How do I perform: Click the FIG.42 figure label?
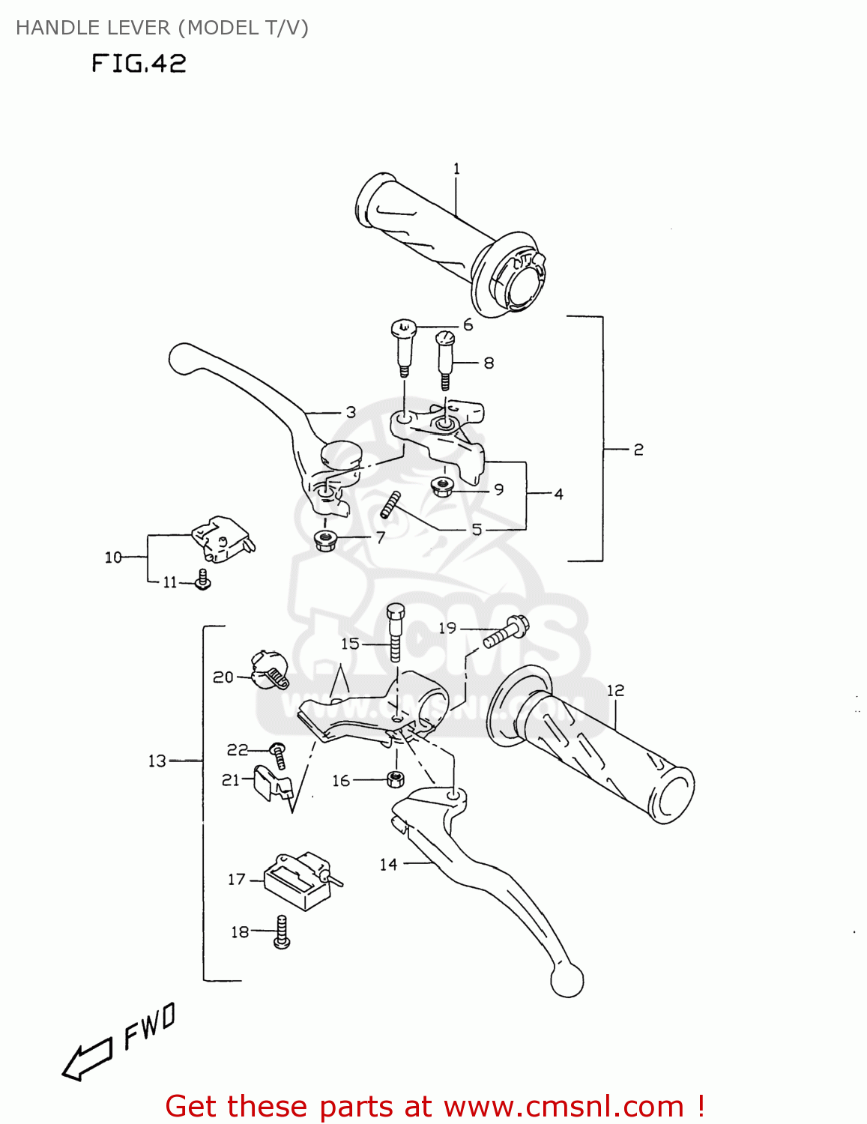click(139, 63)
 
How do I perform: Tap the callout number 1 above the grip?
click(456, 169)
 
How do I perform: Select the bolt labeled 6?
click(403, 346)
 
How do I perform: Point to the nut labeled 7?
click(324, 539)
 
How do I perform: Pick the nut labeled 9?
click(441, 488)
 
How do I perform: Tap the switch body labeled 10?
click(223, 538)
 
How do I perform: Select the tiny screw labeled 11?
click(202, 579)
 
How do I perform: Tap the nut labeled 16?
click(395, 779)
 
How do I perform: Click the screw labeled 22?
click(279, 754)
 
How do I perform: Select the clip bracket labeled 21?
click(272, 783)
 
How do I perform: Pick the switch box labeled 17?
click(297, 881)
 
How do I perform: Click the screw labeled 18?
click(282, 931)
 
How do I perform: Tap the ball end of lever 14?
click(567, 979)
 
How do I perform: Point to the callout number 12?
click(615, 690)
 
